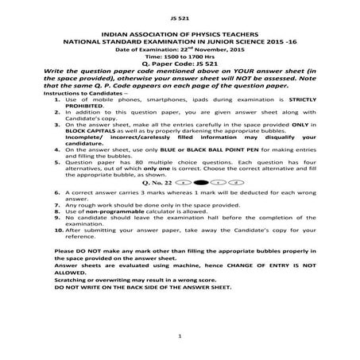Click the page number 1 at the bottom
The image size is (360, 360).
click(x=181, y=337)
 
